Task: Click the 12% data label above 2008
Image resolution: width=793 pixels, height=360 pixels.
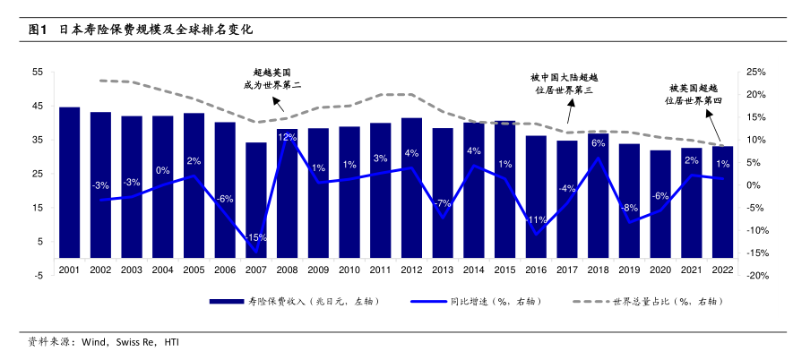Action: (288, 137)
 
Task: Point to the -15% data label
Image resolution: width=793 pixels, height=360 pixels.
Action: (256, 237)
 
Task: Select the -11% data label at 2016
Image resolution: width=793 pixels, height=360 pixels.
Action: (536, 219)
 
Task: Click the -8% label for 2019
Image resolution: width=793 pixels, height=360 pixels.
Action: (629, 207)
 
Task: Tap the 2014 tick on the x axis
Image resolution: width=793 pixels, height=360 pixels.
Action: (474, 269)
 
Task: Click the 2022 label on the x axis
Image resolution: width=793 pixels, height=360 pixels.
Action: (722, 269)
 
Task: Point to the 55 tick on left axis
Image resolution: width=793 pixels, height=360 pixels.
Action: (37, 72)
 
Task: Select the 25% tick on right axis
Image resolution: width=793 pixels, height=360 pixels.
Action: (755, 72)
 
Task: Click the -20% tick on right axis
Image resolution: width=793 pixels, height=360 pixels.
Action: (755, 276)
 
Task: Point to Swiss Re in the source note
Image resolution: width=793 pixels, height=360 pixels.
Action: (136, 341)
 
